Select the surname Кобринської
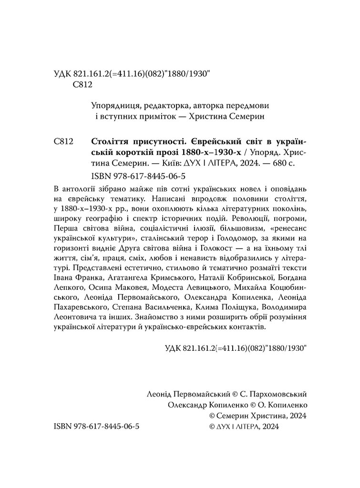[248, 276]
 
